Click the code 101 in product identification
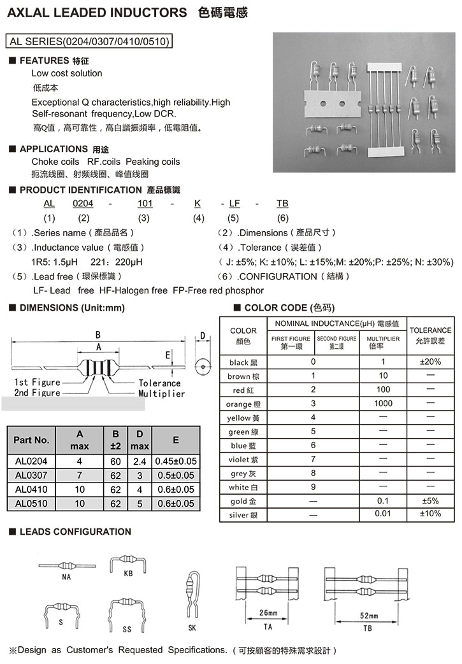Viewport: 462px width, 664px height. point(145,203)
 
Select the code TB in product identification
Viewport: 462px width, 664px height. point(283,203)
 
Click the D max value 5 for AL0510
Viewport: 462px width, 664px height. point(140,504)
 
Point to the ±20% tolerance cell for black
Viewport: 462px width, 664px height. point(430,362)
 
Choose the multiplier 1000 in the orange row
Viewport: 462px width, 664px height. point(383,404)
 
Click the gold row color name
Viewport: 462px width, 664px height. point(243,502)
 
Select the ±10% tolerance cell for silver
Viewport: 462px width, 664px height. point(430,513)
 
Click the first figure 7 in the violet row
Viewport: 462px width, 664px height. point(313,459)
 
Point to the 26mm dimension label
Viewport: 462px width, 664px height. point(269,613)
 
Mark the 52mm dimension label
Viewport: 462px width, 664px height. point(368,616)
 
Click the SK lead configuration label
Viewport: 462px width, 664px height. point(192,628)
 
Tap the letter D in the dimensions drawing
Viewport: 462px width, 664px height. point(202,336)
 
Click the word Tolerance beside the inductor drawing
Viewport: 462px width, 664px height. point(160,383)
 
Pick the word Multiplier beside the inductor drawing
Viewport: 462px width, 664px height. point(161,393)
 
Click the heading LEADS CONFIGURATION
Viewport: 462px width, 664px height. point(75,532)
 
